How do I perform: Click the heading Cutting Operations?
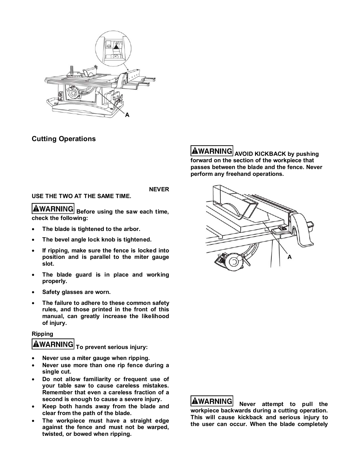tap(63, 139)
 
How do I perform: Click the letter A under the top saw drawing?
tap(127, 115)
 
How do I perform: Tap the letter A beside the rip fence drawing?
tap(290, 257)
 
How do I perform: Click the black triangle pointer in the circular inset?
tap(116, 48)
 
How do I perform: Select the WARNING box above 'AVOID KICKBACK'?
tap(212, 151)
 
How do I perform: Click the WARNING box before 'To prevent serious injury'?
tap(53, 344)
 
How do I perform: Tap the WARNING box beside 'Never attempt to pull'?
tap(212, 401)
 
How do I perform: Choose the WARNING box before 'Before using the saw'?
tap(53, 209)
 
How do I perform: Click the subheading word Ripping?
tap(42, 334)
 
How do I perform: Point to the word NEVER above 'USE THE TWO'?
tap(159, 189)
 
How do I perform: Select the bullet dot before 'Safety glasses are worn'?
tap(34, 292)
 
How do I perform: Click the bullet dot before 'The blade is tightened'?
tap(34, 229)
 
